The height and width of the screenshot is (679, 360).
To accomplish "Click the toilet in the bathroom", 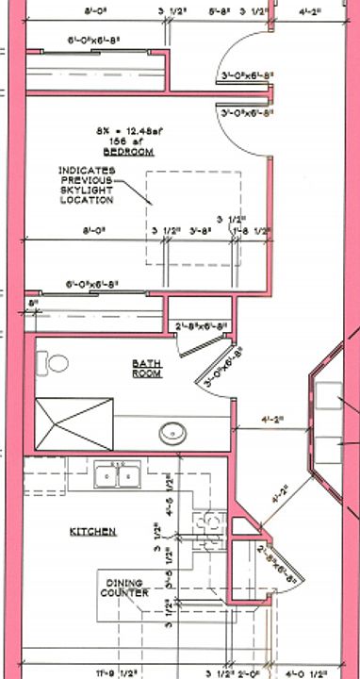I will tap(57, 363).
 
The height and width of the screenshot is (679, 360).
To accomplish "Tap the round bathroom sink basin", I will tap(172, 433).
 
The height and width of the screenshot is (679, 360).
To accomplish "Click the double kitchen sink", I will tap(117, 475).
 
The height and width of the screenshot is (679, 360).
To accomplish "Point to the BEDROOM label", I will tap(129, 151).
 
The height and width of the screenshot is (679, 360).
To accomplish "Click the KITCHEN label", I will tap(93, 532).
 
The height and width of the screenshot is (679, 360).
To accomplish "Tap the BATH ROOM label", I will tap(148, 368).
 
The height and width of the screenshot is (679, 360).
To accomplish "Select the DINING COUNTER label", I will tap(126, 588).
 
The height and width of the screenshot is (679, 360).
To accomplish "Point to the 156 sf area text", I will tap(129, 141).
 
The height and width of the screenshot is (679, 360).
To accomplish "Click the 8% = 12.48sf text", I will tap(129, 130).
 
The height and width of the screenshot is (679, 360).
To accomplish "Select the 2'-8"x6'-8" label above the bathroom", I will tap(203, 327).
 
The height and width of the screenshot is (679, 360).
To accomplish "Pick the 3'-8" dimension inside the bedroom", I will tap(199, 229).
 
